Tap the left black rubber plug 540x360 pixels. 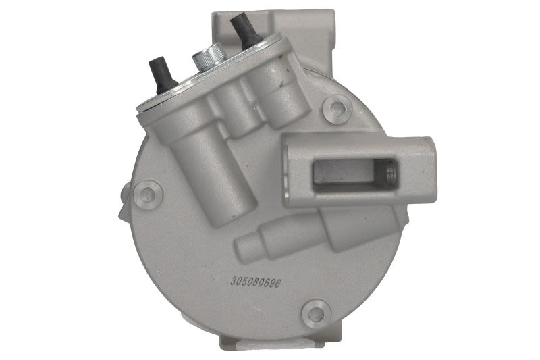[x=162, y=77]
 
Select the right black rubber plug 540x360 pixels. [x=244, y=32]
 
